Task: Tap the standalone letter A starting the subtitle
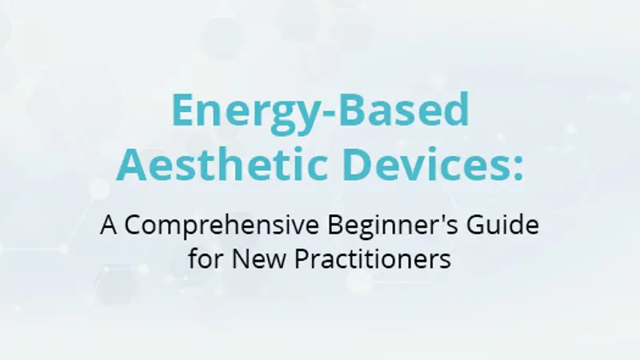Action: point(109,225)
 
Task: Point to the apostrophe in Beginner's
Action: point(442,218)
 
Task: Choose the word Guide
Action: point(503,225)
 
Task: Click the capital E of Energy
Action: point(182,110)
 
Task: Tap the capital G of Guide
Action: point(476,225)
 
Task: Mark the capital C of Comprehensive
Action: point(133,225)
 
